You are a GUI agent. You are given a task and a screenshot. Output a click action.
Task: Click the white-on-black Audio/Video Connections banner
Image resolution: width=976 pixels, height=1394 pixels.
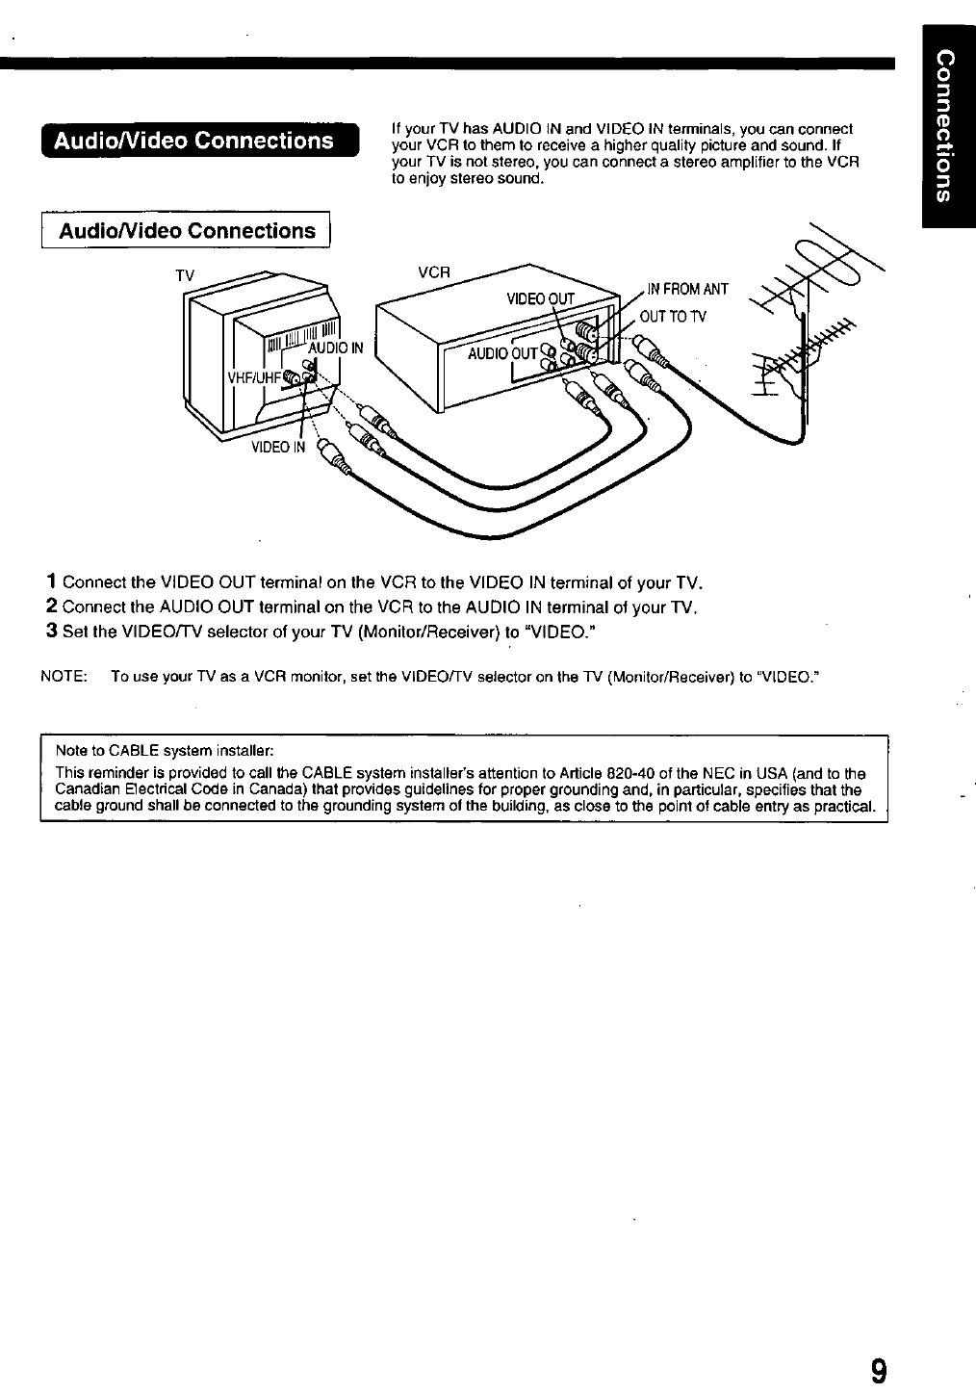[196, 141]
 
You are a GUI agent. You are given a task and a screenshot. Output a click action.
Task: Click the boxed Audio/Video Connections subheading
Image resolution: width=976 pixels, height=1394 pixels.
[187, 231]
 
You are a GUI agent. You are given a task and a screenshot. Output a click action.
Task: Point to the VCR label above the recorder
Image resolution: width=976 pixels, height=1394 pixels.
[434, 271]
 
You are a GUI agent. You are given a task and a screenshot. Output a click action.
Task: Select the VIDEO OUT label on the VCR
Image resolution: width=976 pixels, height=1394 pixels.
[540, 298]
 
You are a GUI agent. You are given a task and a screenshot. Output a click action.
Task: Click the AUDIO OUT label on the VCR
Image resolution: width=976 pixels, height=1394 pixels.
[501, 354]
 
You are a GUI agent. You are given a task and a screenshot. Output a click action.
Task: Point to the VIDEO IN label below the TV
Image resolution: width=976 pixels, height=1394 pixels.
[278, 447]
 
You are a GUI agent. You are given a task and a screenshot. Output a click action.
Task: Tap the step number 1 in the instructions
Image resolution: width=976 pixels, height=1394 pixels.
[50, 582]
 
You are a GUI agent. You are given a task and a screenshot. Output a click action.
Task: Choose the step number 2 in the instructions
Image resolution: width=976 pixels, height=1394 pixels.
[50, 607]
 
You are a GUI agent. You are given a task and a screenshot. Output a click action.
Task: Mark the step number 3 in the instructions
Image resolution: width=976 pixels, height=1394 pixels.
[50, 632]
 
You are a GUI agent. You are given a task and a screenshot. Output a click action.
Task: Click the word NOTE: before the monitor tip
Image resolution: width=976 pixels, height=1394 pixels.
[64, 677]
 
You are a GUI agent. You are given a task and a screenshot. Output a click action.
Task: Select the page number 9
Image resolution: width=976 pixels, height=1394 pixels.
[878, 1370]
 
